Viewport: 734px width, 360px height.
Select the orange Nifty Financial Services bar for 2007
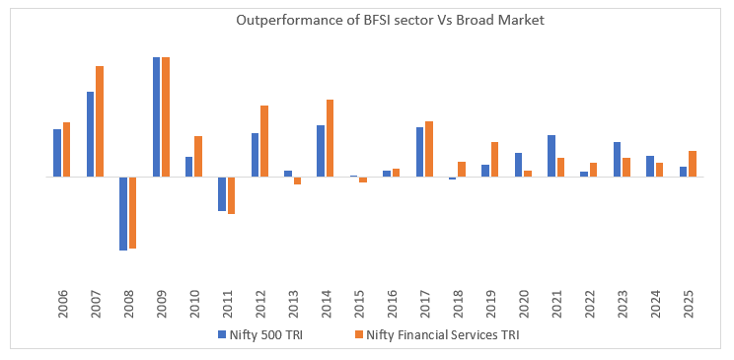(x=100, y=121)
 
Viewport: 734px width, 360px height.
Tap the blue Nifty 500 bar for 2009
(x=157, y=117)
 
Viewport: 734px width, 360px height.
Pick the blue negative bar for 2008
(x=123, y=213)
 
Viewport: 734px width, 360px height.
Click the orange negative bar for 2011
(x=232, y=195)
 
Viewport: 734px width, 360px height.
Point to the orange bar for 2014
(x=330, y=138)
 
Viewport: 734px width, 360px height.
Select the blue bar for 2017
(x=419, y=152)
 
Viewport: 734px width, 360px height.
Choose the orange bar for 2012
(x=264, y=141)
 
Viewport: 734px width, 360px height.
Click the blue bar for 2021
(x=551, y=156)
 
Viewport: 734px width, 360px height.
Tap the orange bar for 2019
(x=494, y=160)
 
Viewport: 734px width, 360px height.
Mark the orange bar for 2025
(x=693, y=164)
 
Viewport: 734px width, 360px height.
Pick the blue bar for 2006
(x=57, y=153)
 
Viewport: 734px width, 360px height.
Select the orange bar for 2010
(x=198, y=157)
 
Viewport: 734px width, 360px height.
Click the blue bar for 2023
(x=617, y=160)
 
